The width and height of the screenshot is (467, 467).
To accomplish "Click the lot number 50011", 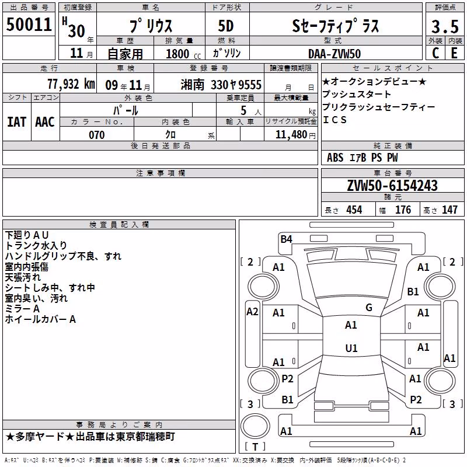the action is pos(29,24).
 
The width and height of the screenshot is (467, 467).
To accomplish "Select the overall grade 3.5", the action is pos(445,26).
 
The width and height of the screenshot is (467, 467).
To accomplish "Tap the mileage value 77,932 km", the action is pos(71,84).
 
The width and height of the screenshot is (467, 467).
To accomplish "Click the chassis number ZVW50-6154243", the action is pos(392,186).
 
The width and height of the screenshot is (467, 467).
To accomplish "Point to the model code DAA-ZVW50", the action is pos(334,54).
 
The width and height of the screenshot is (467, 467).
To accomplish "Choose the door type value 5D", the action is pos(226,26).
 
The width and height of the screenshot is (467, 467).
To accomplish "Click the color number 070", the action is pos(97,135).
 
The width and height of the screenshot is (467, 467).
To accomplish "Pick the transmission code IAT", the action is pos(17,122).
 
